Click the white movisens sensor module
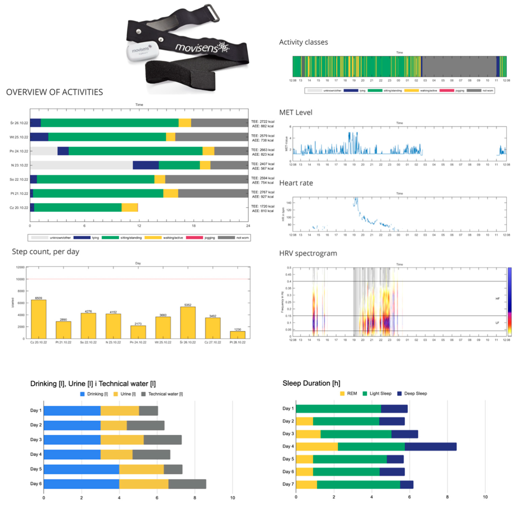pos(142,51)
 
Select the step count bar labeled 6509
pos(39,319)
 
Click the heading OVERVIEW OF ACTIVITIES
pos(54,92)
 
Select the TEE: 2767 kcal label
pos(262,192)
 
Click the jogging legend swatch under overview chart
pos(194,238)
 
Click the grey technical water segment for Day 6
pos(187,484)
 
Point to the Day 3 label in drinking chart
pos(36,440)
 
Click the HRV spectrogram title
pos(308,253)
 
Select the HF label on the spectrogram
pos(497,298)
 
